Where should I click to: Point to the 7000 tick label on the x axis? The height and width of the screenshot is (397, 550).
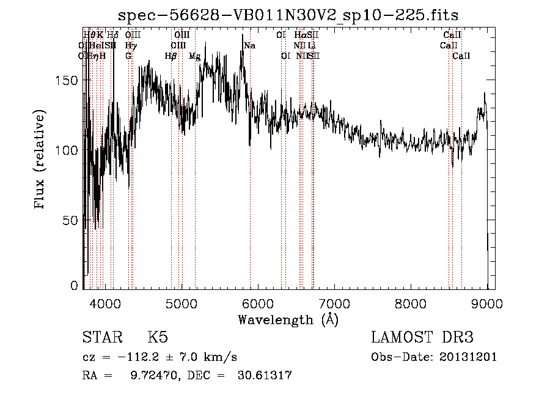[334, 303]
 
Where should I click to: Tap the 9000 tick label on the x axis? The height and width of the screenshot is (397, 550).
[487, 303]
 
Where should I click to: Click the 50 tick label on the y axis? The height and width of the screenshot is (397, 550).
[71, 219]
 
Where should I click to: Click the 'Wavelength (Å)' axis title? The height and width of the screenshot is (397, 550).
[288, 319]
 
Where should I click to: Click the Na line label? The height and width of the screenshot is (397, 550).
[249, 45]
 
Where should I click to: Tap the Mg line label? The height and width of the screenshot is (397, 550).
[194, 56]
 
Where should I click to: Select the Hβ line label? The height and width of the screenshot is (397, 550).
[170, 56]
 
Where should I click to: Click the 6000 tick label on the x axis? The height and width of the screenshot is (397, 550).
[258, 303]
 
